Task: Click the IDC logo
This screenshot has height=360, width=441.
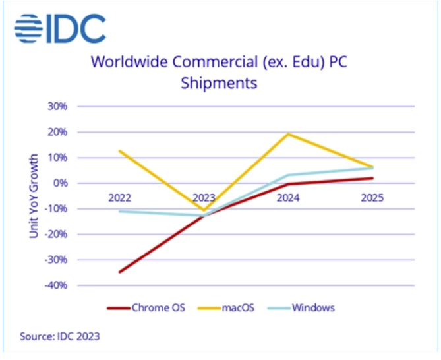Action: [x=59, y=27]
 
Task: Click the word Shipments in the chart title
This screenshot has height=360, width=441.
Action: [x=220, y=84]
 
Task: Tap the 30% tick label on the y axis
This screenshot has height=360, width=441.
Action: [x=57, y=106]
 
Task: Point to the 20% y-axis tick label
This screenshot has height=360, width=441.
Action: [x=57, y=132]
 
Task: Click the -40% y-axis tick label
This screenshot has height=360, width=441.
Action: [x=55, y=285]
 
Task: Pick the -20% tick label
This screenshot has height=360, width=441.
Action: [x=55, y=234]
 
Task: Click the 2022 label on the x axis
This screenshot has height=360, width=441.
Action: [x=119, y=197]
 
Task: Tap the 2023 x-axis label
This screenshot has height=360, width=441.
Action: [x=204, y=197]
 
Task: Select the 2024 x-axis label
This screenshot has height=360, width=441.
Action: [x=288, y=197]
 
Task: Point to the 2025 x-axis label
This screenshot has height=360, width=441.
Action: [x=372, y=197]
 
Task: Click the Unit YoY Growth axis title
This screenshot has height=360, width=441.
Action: [x=34, y=196]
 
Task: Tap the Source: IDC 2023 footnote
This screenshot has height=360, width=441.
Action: [x=59, y=336]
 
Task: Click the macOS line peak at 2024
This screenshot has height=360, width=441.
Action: [x=288, y=134]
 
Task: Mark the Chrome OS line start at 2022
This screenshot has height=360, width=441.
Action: [x=120, y=272]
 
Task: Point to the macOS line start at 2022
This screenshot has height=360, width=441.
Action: [x=120, y=151]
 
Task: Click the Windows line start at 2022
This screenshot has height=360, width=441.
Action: [x=120, y=211]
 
